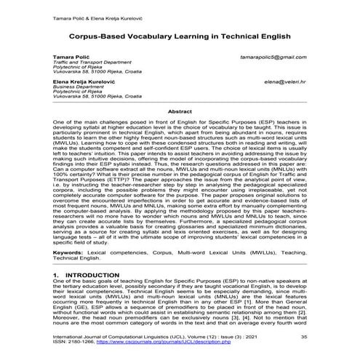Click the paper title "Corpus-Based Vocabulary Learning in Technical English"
click(180, 33)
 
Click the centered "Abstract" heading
click(180, 111)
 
